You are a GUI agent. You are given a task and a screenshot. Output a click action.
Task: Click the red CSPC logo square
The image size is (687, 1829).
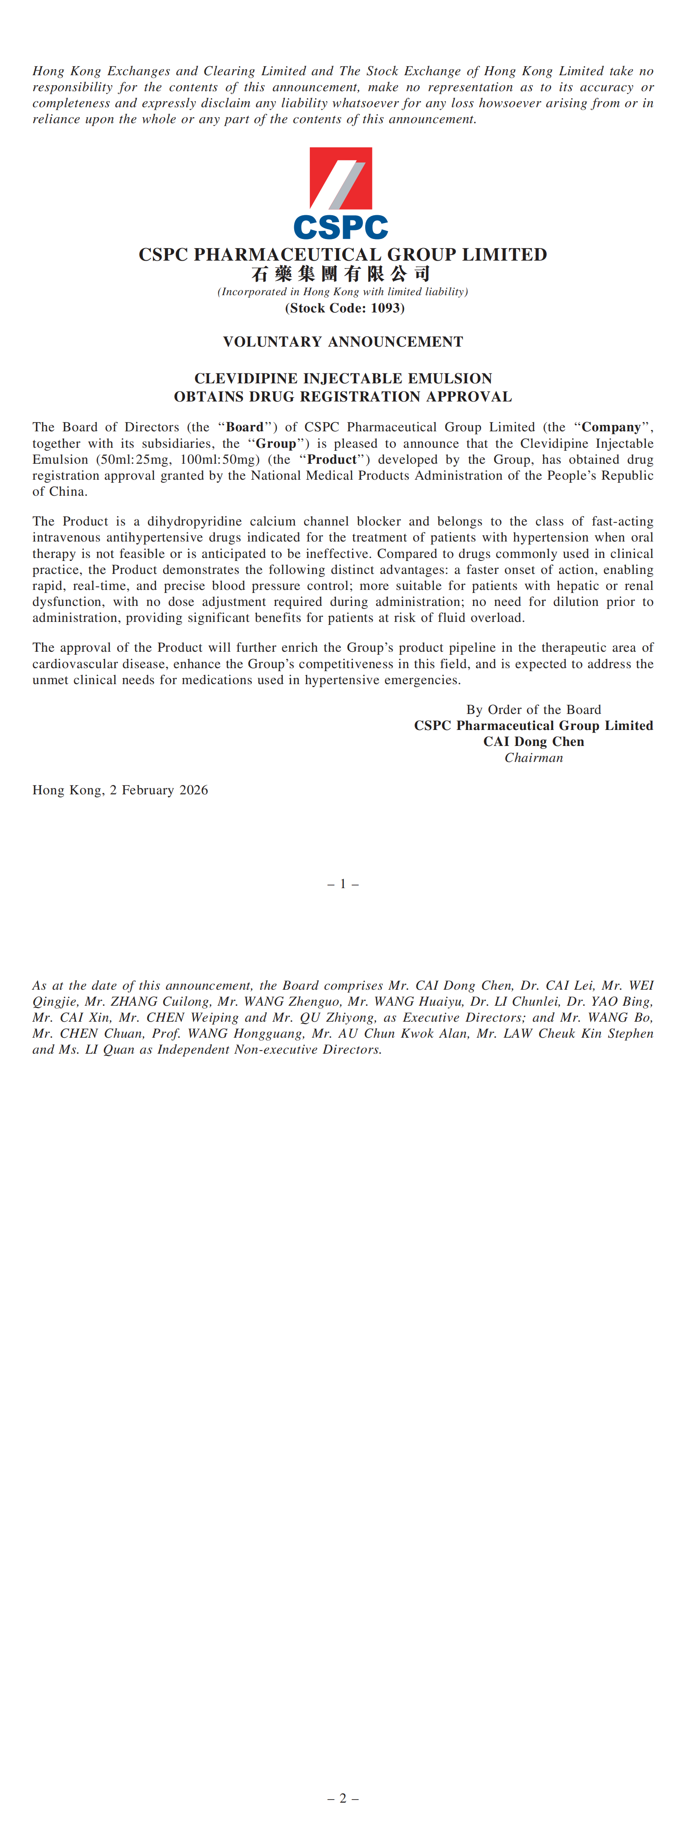(340, 178)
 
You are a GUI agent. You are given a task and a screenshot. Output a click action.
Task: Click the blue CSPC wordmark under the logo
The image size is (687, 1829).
(340, 227)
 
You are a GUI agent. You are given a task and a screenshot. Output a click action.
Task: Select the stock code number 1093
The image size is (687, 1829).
(386, 308)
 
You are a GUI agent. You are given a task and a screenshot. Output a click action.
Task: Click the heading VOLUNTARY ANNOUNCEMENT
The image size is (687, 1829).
(343, 341)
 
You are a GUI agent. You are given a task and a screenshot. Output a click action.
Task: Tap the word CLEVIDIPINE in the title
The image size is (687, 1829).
(246, 379)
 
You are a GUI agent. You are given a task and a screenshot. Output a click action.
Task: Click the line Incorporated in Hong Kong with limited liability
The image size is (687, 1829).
(343, 292)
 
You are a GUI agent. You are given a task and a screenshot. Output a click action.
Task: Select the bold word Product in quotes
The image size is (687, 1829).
(331, 459)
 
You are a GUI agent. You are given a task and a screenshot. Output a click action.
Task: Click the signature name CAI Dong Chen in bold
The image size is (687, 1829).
(533, 741)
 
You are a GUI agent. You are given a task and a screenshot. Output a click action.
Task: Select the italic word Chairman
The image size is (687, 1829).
(533, 758)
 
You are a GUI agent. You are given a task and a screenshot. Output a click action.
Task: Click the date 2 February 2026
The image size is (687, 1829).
(158, 790)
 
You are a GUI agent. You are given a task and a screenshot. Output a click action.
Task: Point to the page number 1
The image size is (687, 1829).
(343, 884)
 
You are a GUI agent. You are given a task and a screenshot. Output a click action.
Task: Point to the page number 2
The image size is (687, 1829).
(343, 1798)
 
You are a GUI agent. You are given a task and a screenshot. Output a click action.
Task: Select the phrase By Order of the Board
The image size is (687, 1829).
(533, 709)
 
